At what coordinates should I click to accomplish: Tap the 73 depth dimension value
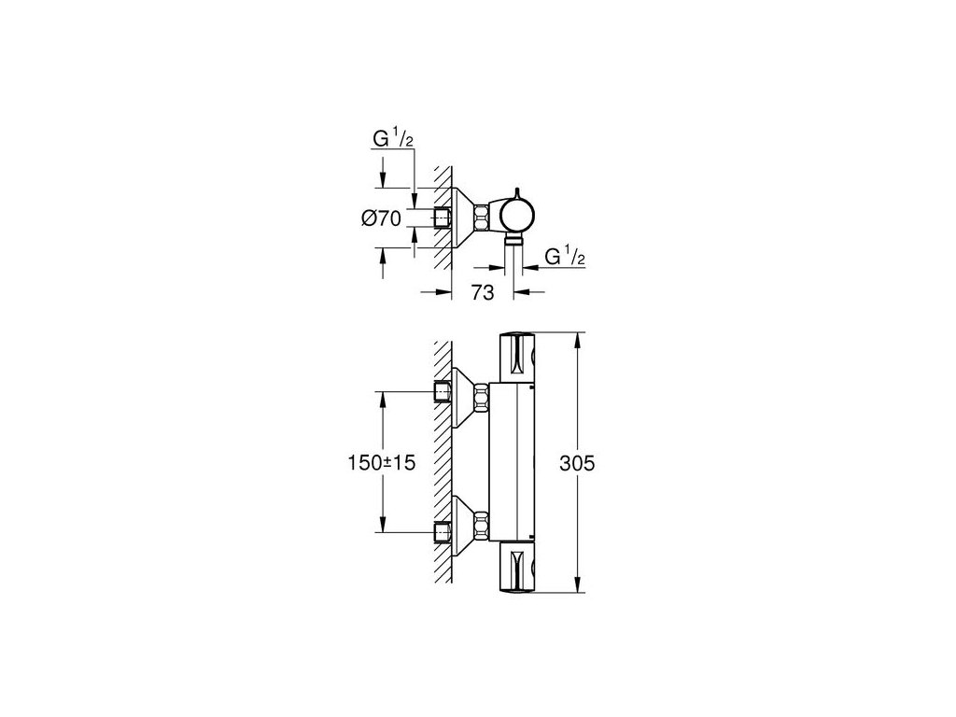(482, 292)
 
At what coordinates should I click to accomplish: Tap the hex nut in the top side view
(482, 218)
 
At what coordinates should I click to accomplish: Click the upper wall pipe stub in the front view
(443, 392)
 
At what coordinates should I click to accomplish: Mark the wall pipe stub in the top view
(443, 219)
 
